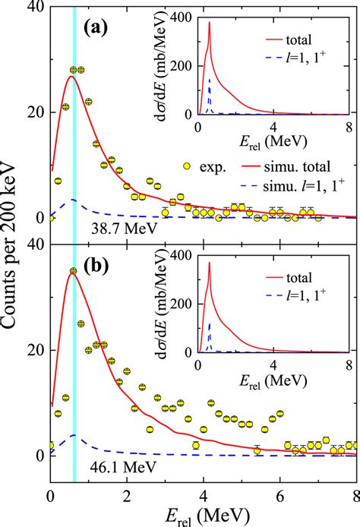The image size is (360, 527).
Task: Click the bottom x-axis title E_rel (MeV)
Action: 203,515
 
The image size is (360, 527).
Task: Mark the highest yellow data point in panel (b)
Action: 73,271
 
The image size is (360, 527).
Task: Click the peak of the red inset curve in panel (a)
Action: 209,23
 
